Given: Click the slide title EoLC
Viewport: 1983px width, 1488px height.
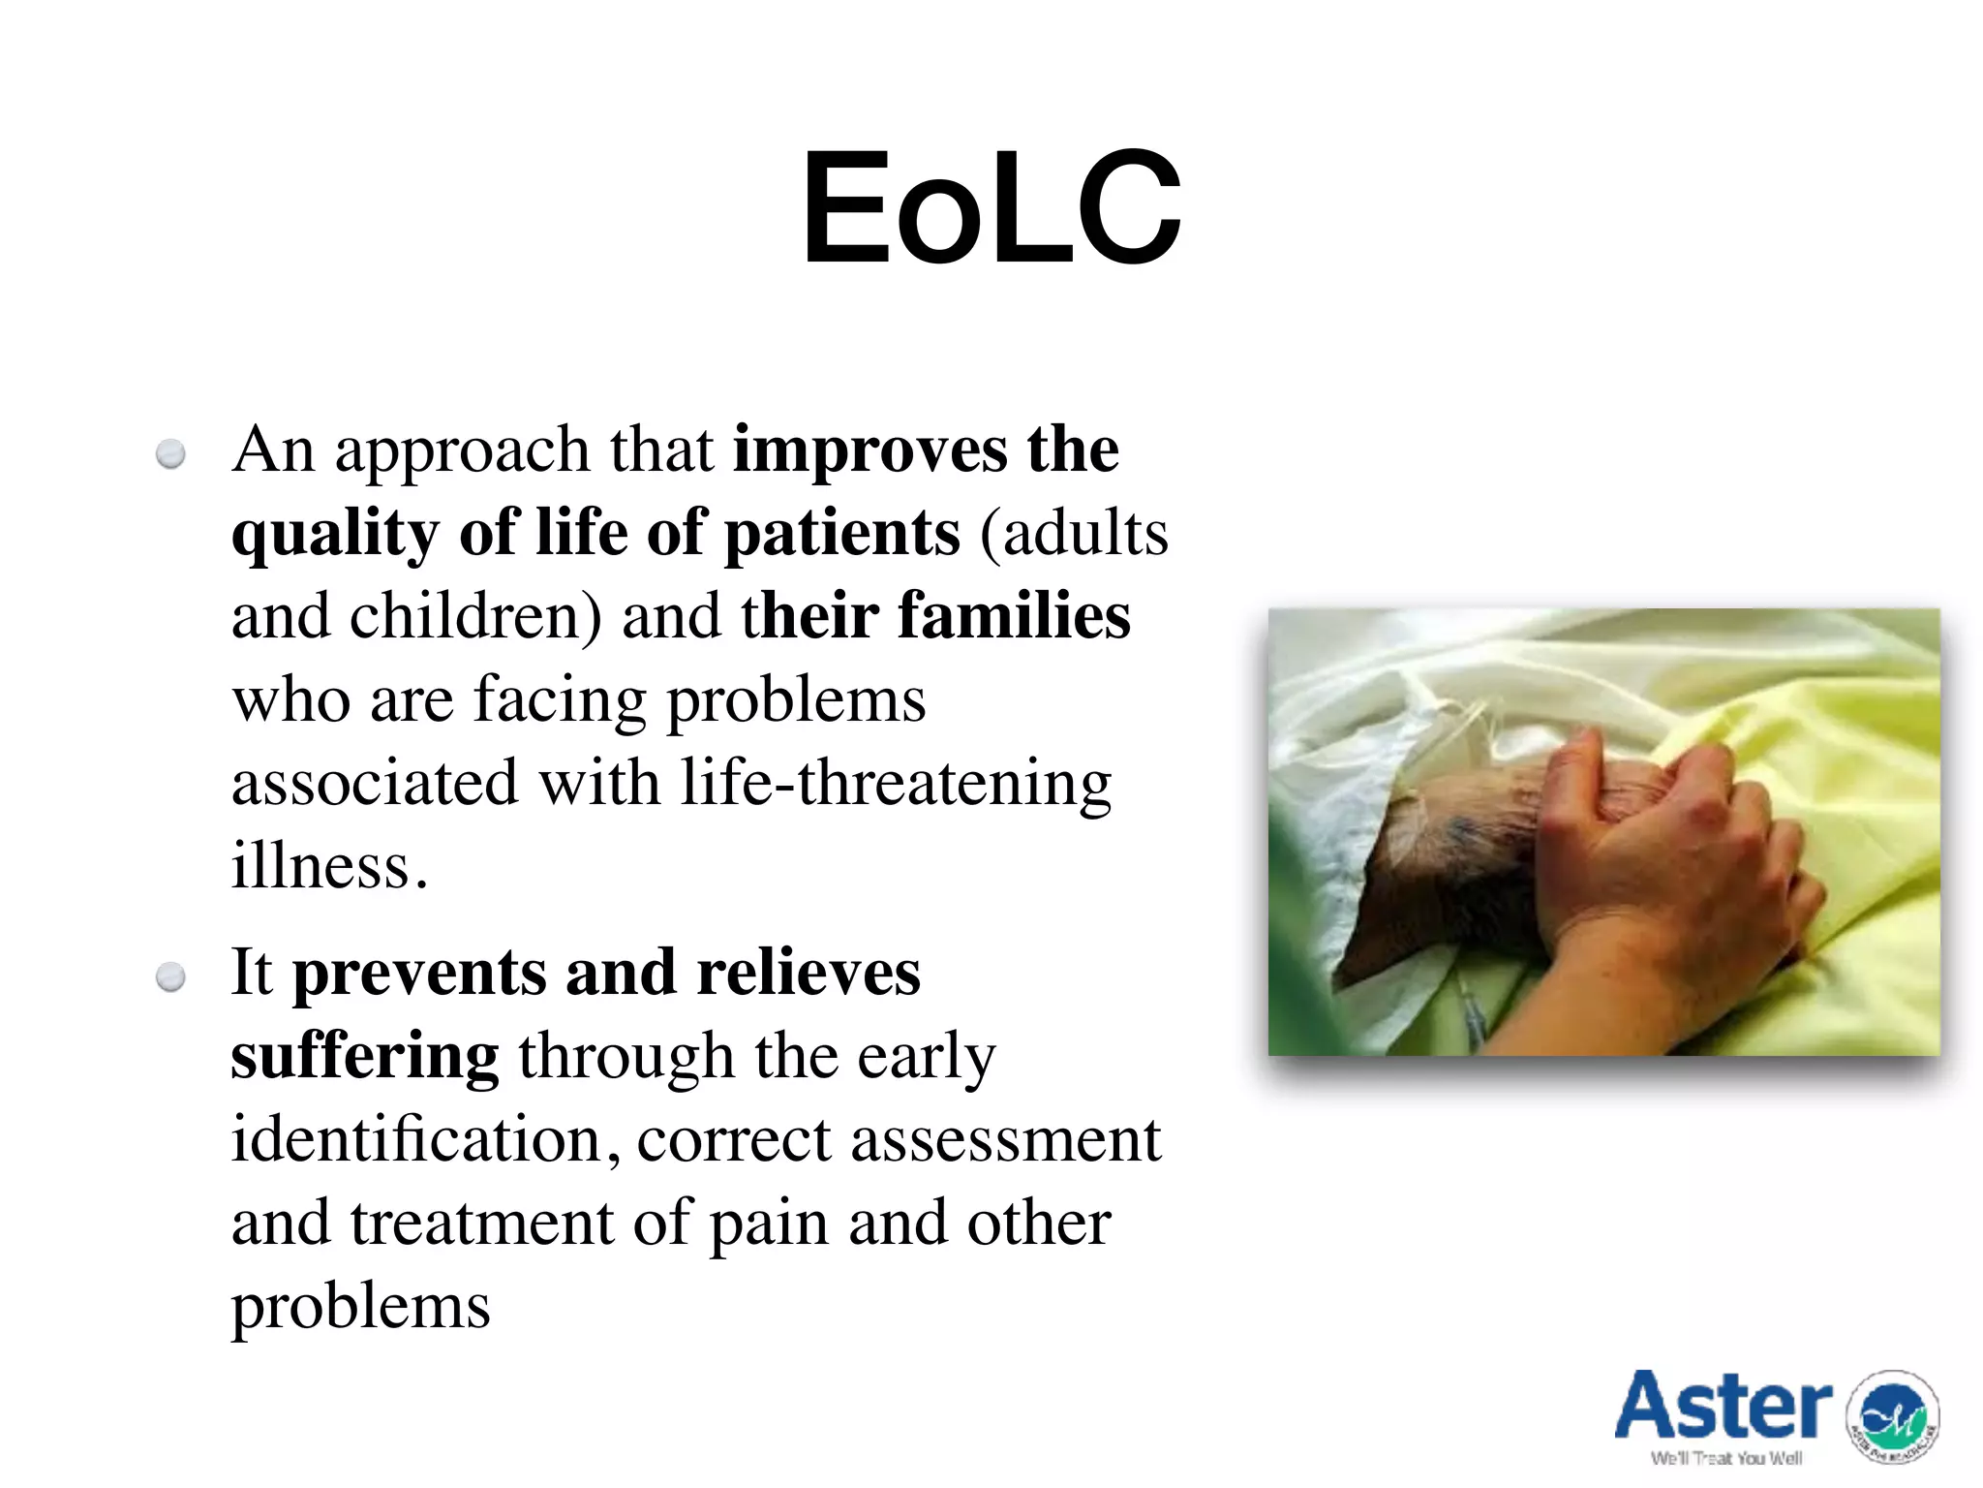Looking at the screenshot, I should point(991,208).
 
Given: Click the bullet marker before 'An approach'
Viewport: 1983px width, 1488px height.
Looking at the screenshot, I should point(171,454).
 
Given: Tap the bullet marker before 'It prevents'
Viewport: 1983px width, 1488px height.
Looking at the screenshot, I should point(171,977).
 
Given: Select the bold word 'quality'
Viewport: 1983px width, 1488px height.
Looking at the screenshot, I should point(334,535).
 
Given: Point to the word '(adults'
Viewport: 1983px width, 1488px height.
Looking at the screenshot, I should point(1074,533).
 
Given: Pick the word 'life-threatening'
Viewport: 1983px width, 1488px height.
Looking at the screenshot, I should point(896,783).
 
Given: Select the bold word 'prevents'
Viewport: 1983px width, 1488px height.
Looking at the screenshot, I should point(418,973).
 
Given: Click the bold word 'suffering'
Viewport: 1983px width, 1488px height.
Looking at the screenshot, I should point(365,1057).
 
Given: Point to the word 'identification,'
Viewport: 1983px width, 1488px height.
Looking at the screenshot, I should point(426,1139).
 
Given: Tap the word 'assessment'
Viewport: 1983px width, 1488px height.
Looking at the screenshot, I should point(1005,1140).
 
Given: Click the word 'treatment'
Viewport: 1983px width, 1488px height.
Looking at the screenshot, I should point(481,1224).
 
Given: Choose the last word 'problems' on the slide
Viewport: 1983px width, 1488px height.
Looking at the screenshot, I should point(360,1307).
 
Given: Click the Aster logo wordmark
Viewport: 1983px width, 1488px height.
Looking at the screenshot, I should point(1723,1407).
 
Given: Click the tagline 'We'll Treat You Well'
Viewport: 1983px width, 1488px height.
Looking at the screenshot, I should point(1725,1459).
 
